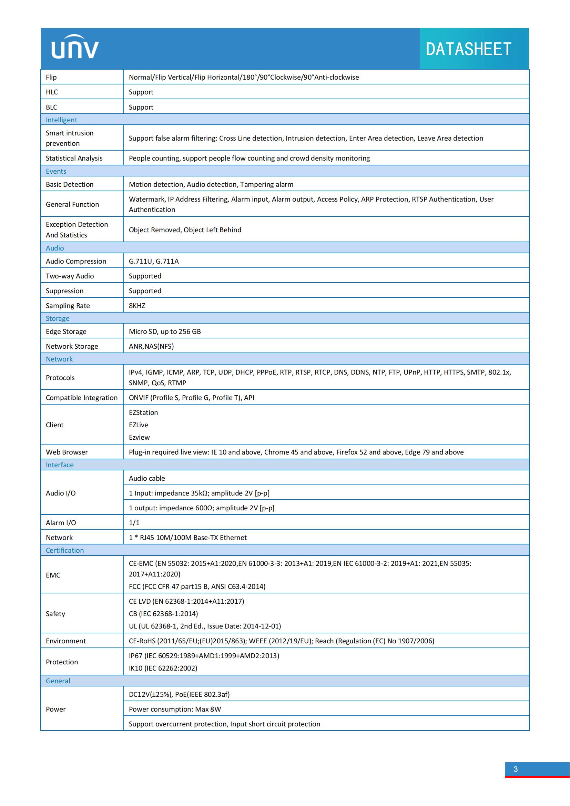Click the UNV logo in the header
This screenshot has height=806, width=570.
point(75,48)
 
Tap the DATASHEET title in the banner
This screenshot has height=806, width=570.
point(468,49)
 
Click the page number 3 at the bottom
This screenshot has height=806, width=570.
point(515,769)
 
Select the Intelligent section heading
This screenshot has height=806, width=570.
point(61,120)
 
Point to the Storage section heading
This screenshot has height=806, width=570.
point(58,318)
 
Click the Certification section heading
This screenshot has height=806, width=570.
point(64,550)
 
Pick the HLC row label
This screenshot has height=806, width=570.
point(52,92)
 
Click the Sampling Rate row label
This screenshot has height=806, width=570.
point(68,305)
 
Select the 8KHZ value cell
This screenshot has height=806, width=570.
point(137,305)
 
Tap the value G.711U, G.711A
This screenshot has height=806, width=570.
point(154,261)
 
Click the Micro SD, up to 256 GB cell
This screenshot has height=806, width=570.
point(165,331)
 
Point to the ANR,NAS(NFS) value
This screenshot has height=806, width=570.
point(151,346)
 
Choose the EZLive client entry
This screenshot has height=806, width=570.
point(138,425)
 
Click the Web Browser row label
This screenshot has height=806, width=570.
point(67,452)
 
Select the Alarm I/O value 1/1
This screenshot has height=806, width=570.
point(134,523)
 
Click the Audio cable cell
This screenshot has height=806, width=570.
point(147,478)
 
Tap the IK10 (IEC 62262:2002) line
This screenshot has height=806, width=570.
point(163,668)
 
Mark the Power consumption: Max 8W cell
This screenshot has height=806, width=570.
point(175,709)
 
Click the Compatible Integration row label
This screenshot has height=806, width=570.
point(81,398)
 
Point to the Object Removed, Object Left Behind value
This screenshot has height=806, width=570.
point(185,230)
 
